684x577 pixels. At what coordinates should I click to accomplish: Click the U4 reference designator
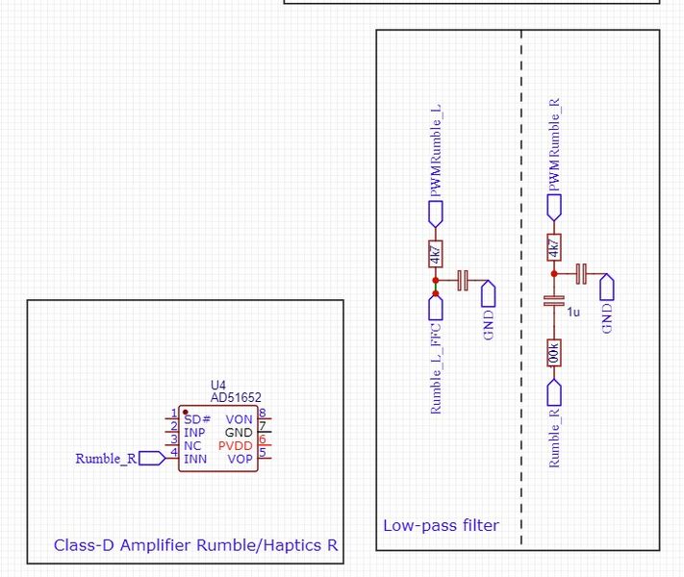click(x=217, y=385)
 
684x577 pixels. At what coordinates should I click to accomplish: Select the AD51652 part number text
click(x=236, y=396)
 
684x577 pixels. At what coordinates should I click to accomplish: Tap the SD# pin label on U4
click(x=196, y=419)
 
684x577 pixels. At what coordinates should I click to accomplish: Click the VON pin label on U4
click(x=239, y=419)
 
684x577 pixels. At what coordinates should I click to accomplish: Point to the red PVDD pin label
click(x=236, y=446)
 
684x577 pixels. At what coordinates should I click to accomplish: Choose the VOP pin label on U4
click(x=240, y=460)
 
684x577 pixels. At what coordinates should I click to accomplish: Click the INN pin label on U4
click(x=195, y=460)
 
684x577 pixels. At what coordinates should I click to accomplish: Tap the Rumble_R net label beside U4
click(x=106, y=459)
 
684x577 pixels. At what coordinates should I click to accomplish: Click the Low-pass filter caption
click(x=441, y=525)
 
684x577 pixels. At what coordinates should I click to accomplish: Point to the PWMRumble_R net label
click(x=553, y=143)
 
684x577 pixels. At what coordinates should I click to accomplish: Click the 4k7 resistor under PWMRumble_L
click(x=435, y=254)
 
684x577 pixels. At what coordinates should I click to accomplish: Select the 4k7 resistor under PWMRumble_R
click(x=553, y=248)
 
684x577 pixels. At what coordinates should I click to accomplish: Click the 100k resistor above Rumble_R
click(x=553, y=353)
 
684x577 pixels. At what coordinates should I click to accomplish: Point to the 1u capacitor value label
click(x=573, y=313)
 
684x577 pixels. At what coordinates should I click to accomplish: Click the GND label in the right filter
click(x=606, y=318)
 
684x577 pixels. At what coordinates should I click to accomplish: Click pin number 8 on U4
click(x=262, y=414)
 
